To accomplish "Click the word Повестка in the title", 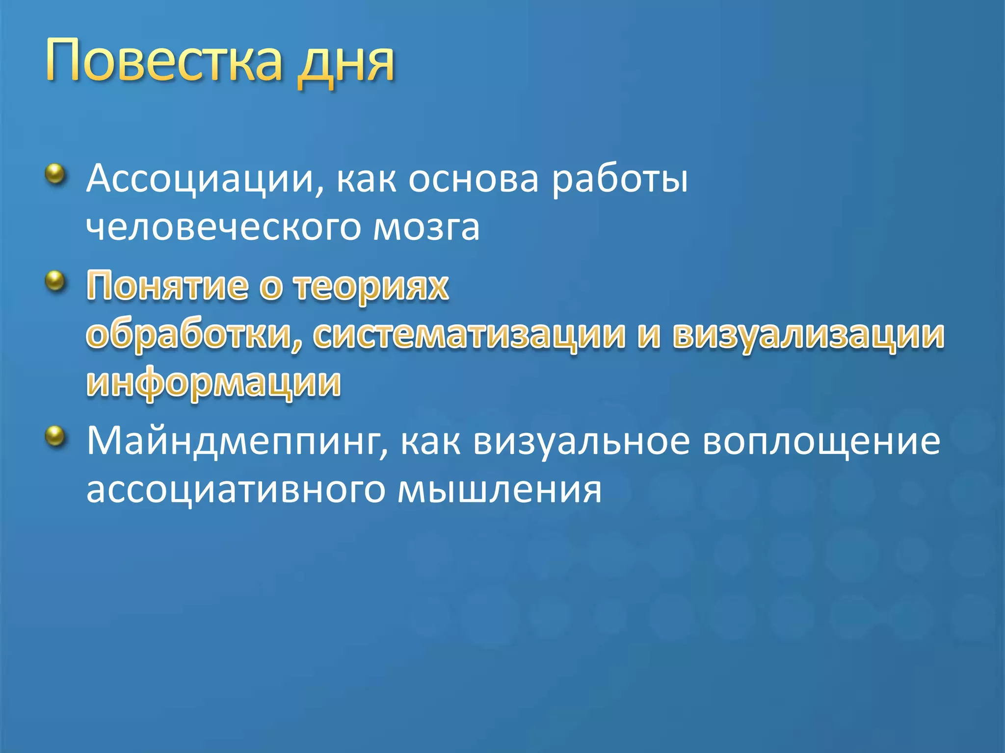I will [x=164, y=60].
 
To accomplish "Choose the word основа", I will [x=474, y=179].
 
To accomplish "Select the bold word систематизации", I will [x=469, y=336].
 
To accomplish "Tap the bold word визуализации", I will [x=809, y=336].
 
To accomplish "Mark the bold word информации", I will [x=213, y=383].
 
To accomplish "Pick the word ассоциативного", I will [x=236, y=490].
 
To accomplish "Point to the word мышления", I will [x=500, y=490].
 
